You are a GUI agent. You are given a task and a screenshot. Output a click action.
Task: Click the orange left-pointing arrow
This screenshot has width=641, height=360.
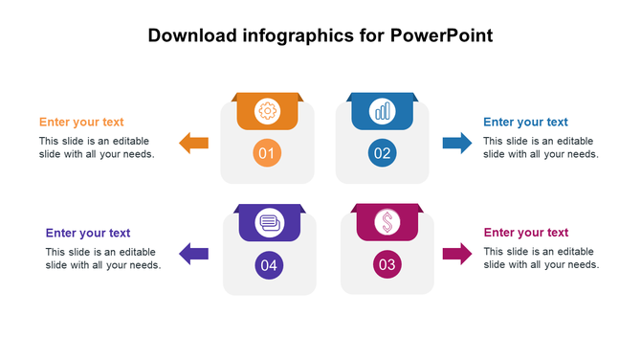tap(194, 144)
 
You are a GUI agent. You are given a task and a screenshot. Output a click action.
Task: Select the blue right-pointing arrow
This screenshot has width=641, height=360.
tap(456, 144)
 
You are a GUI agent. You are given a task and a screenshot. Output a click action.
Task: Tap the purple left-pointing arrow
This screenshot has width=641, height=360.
tap(194, 254)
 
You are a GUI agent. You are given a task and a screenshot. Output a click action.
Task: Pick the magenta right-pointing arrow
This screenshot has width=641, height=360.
tap(456, 254)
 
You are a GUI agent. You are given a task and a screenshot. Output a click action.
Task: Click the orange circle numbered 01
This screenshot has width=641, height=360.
tap(267, 153)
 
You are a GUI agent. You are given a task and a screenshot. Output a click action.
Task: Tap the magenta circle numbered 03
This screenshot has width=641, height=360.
tap(387, 264)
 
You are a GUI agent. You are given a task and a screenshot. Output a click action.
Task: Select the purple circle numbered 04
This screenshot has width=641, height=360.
tap(269, 265)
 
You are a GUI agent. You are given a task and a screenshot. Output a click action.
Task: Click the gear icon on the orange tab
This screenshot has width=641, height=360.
tap(267, 112)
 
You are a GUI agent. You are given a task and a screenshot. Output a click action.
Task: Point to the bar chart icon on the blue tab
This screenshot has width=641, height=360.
tap(383, 111)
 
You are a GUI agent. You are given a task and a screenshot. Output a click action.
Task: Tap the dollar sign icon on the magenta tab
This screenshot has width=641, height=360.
tap(387, 223)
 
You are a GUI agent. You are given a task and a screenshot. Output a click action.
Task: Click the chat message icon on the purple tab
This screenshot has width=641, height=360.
tap(269, 223)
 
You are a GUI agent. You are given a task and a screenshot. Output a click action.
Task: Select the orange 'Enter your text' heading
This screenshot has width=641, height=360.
tap(81, 123)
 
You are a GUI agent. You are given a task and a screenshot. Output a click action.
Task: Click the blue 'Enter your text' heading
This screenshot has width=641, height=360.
tap(525, 123)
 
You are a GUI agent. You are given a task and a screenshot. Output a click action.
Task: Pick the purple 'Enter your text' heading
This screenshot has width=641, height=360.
tap(88, 233)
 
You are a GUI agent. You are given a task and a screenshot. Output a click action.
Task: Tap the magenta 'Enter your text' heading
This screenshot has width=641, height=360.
tap(525, 233)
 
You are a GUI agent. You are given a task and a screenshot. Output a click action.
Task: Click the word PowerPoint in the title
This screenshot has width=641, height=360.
tap(442, 37)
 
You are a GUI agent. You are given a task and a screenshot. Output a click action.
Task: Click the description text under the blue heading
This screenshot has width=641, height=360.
tap(541, 147)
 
